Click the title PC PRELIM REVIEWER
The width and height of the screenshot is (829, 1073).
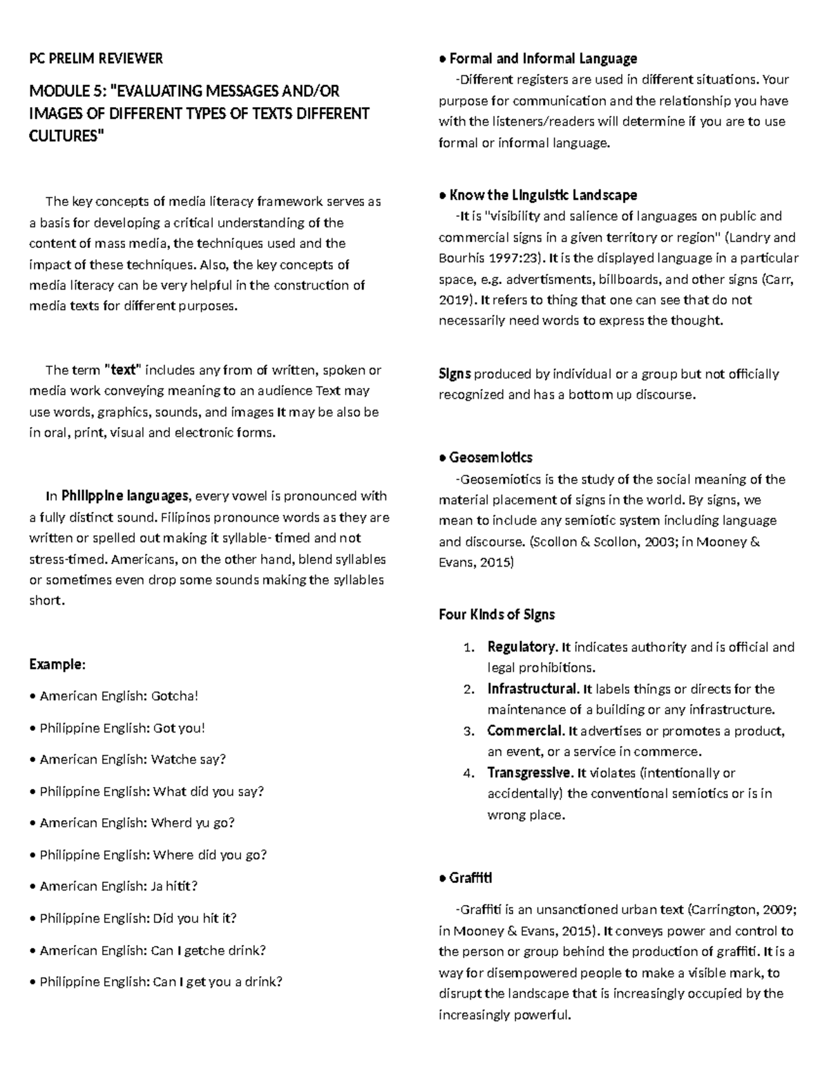point(96,59)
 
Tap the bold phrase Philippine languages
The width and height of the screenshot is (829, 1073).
point(124,496)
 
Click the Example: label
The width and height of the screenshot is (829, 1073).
point(57,665)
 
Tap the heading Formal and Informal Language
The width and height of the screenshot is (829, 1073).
point(543,59)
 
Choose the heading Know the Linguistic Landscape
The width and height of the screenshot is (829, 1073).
point(543,195)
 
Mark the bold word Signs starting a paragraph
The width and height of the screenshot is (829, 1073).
point(455,374)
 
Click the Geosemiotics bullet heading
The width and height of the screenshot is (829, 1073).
point(490,457)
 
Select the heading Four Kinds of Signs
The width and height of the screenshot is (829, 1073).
point(497,614)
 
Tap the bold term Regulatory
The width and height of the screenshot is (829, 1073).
point(522,647)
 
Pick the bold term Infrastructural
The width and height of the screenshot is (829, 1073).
point(533,689)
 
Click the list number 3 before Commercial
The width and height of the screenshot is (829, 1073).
point(468,731)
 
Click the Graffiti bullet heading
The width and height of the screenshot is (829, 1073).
point(470,878)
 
